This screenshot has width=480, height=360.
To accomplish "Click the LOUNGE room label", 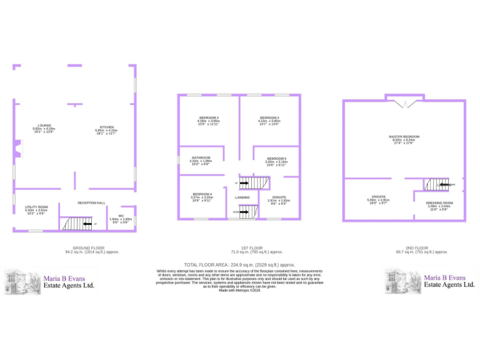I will coord(44,125).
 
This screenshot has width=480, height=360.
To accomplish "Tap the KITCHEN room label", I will coord(106,125).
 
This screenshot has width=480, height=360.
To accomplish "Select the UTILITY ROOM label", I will coord(36,207).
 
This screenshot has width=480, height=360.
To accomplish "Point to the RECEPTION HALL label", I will coord(91,202).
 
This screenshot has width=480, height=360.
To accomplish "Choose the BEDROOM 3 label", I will coord(209,117).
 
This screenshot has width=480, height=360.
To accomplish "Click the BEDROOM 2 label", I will coord(269,117).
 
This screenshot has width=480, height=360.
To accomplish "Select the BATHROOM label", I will coord(201,157).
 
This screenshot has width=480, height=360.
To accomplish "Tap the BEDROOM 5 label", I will coord(276,159).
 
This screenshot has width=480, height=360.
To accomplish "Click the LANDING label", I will coord(242,197).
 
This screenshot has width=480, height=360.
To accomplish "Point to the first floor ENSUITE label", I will coord(277,197).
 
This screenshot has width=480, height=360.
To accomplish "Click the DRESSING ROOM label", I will coord(439,203).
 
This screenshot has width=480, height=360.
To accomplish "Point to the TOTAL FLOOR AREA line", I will coord(239,264).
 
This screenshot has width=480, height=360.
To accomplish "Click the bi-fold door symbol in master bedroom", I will coord(403,102).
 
